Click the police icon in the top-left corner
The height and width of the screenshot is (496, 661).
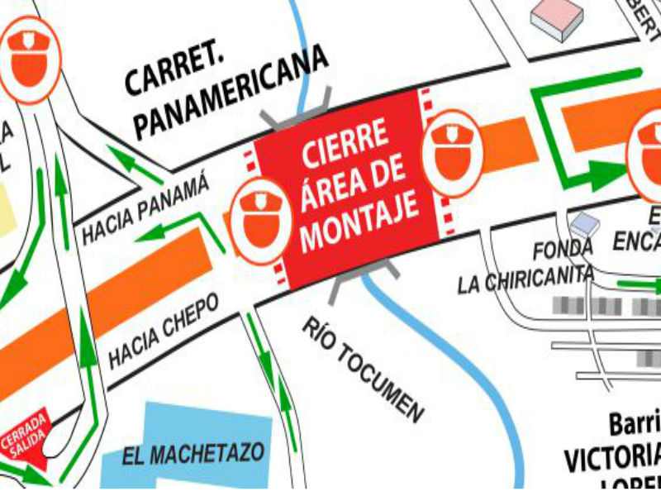[29, 60]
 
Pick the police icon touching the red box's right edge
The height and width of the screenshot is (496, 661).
[451, 150]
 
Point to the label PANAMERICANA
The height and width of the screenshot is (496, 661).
[231, 90]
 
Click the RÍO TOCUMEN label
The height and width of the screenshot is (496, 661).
[364, 368]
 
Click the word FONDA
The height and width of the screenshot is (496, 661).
[563, 249]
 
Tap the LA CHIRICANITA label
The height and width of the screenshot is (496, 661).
[525, 278]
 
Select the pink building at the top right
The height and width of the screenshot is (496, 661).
[559, 16]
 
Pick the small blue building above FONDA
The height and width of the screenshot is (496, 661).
[584, 222]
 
